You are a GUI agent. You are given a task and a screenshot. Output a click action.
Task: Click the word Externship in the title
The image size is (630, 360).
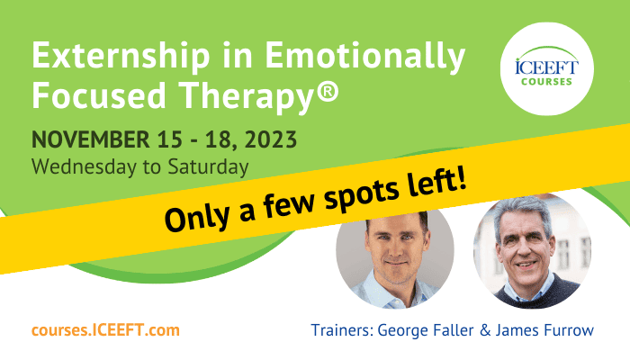(x=121, y=55)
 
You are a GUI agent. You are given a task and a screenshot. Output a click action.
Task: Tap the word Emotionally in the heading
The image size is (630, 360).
(x=364, y=57)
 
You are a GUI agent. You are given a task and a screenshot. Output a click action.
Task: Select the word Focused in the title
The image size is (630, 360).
(x=99, y=95)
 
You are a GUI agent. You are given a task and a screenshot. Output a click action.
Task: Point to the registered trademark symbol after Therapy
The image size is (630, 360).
(x=328, y=91)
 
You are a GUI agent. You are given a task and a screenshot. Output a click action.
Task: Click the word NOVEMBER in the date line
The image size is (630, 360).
(x=91, y=139)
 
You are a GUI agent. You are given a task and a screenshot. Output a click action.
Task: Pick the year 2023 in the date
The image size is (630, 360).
(x=271, y=139)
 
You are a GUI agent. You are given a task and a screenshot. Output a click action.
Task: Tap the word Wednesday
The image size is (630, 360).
(x=84, y=166)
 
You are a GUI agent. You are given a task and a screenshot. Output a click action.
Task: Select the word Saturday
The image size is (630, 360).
(x=208, y=166)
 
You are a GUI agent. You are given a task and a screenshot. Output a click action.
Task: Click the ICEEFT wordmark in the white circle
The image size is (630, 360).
(x=547, y=67)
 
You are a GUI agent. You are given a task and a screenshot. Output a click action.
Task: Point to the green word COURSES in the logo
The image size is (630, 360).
(x=546, y=82)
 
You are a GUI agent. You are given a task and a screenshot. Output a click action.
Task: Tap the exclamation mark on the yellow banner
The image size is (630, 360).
(x=461, y=177)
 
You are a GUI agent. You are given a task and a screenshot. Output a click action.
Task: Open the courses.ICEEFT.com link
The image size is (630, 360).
(x=105, y=330)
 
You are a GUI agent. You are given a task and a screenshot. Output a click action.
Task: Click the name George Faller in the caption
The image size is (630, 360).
(x=426, y=330)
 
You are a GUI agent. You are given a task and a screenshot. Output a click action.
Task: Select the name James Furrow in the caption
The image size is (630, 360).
(x=544, y=330)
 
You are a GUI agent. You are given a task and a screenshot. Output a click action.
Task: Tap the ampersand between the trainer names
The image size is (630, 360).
(x=485, y=330)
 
